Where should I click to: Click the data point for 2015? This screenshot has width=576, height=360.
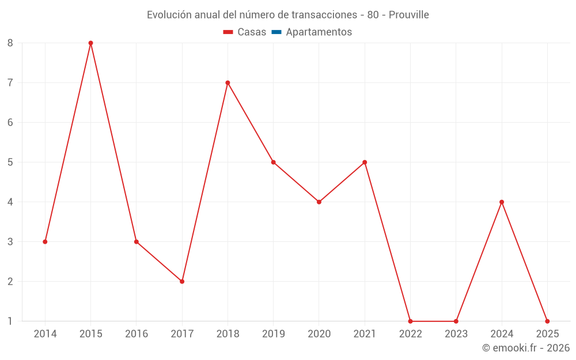pos(90,43)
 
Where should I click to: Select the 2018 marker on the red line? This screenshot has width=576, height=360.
pos(228,83)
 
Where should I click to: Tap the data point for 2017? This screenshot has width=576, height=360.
pos(182,282)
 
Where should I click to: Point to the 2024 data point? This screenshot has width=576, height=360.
pos(502,202)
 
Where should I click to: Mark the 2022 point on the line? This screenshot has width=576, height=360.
pos(410,321)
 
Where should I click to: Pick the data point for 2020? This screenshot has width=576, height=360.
pos(319,202)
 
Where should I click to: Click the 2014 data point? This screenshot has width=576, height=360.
pos(45,242)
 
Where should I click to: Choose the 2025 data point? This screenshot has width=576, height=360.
pos(547,321)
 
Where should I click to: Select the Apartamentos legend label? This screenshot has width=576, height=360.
pos(319,32)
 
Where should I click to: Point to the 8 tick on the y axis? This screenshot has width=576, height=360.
pos(10,43)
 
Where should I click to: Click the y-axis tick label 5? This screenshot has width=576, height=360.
pos(10,162)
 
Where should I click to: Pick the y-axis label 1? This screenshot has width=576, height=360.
pos(10,321)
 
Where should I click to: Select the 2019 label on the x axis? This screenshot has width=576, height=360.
pos(274,334)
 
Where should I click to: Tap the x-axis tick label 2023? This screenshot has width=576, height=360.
pos(456,334)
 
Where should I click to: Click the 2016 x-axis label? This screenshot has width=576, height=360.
pos(137,334)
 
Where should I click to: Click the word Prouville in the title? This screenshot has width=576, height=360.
pos(408,15)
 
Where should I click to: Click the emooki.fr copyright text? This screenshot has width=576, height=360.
pos(526,348)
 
